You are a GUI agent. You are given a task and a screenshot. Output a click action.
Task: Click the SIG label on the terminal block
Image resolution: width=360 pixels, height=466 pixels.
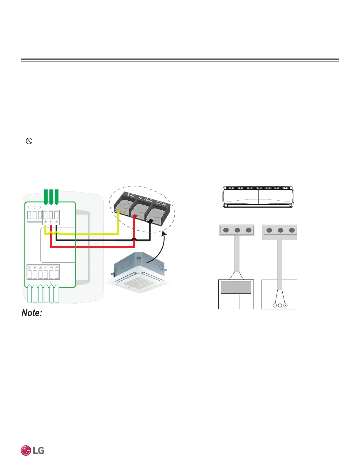click(x=131, y=196)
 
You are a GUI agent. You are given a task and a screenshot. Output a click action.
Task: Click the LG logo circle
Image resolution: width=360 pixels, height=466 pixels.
click(x=26, y=450)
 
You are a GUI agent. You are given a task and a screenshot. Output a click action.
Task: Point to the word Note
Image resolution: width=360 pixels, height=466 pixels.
click(x=32, y=313)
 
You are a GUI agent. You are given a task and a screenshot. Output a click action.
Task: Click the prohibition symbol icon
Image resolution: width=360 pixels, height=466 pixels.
click(x=29, y=141)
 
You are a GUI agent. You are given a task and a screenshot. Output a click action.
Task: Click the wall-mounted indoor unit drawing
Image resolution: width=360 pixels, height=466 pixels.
click(x=258, y=197)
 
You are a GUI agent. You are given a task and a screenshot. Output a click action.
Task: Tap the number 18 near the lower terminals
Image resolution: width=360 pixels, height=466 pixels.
click(x=56, y=282)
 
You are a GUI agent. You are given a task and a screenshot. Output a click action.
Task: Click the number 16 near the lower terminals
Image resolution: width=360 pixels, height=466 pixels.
click(x=46, y=282)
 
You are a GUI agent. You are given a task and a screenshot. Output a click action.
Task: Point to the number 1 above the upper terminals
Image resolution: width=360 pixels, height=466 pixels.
click(x=29, y=208)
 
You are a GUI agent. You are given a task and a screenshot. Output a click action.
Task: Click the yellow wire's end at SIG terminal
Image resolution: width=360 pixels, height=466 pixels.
click(x=119, y=213)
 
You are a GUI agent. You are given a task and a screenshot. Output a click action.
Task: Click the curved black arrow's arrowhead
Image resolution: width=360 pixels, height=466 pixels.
click(x=164, y=233)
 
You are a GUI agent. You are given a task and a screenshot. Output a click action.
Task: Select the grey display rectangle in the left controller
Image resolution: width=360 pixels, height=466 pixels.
click(x=236, y=287)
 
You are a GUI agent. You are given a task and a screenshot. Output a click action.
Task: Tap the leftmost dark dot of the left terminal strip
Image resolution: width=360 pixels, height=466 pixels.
click(x=226, y=230)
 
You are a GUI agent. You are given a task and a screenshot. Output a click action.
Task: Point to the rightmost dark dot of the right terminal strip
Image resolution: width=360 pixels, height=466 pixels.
click(x=291, y=230)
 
